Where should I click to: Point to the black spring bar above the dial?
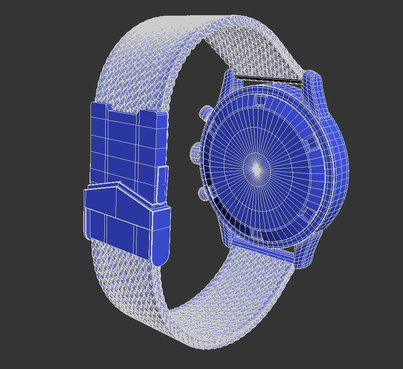(269, 79)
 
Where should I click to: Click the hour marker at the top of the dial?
(260, 99)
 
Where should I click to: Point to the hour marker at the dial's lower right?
(308, 216)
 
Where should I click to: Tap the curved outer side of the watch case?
(338, 170)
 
